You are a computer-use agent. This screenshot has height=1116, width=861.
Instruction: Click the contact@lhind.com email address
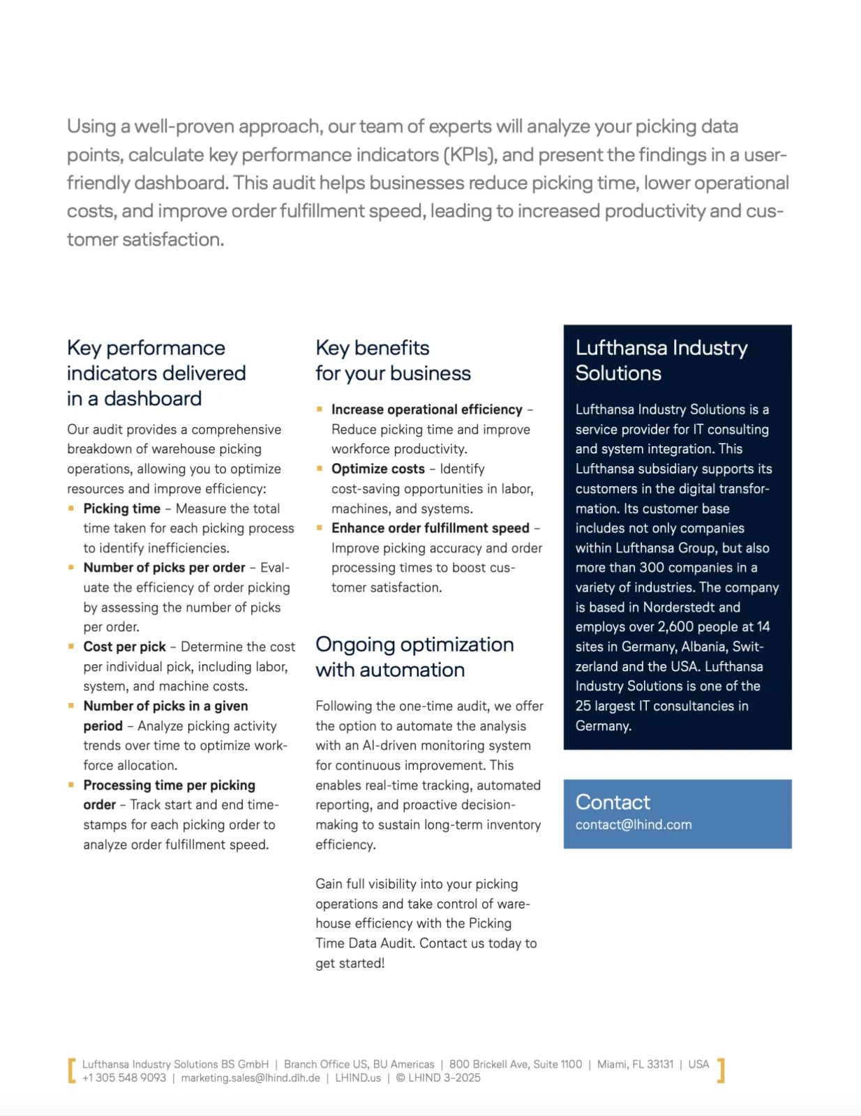[634, 824]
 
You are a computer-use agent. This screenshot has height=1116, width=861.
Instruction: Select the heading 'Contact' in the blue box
[612, 802]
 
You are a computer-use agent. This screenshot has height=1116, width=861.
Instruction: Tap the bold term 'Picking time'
[121, 508]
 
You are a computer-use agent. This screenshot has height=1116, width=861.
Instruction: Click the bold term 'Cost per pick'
[124, 647]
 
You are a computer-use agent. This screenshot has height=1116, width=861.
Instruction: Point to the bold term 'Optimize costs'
[377, 469]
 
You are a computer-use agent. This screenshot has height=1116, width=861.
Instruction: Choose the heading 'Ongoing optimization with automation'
[414, 656]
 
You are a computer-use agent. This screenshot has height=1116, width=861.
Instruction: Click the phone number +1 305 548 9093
[124, 1078]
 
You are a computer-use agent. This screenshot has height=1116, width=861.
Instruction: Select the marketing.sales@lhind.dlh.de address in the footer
[250, 1078]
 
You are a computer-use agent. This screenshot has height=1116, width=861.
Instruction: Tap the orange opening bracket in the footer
[71, 1071]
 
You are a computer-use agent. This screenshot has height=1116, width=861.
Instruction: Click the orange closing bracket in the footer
[721, 1071]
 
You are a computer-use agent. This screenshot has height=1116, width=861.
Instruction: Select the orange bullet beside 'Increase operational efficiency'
[320, 409]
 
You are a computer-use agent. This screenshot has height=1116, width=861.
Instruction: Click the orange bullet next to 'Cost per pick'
[71, 647]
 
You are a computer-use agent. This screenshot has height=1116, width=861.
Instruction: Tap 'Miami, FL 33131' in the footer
[635, 1064]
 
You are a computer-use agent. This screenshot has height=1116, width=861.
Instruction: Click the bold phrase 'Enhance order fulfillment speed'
[430, 528]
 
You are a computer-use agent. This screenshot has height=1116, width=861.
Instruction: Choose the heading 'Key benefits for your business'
[393, 360]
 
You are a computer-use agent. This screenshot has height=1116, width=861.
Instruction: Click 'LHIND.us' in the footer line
[358, 1078]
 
